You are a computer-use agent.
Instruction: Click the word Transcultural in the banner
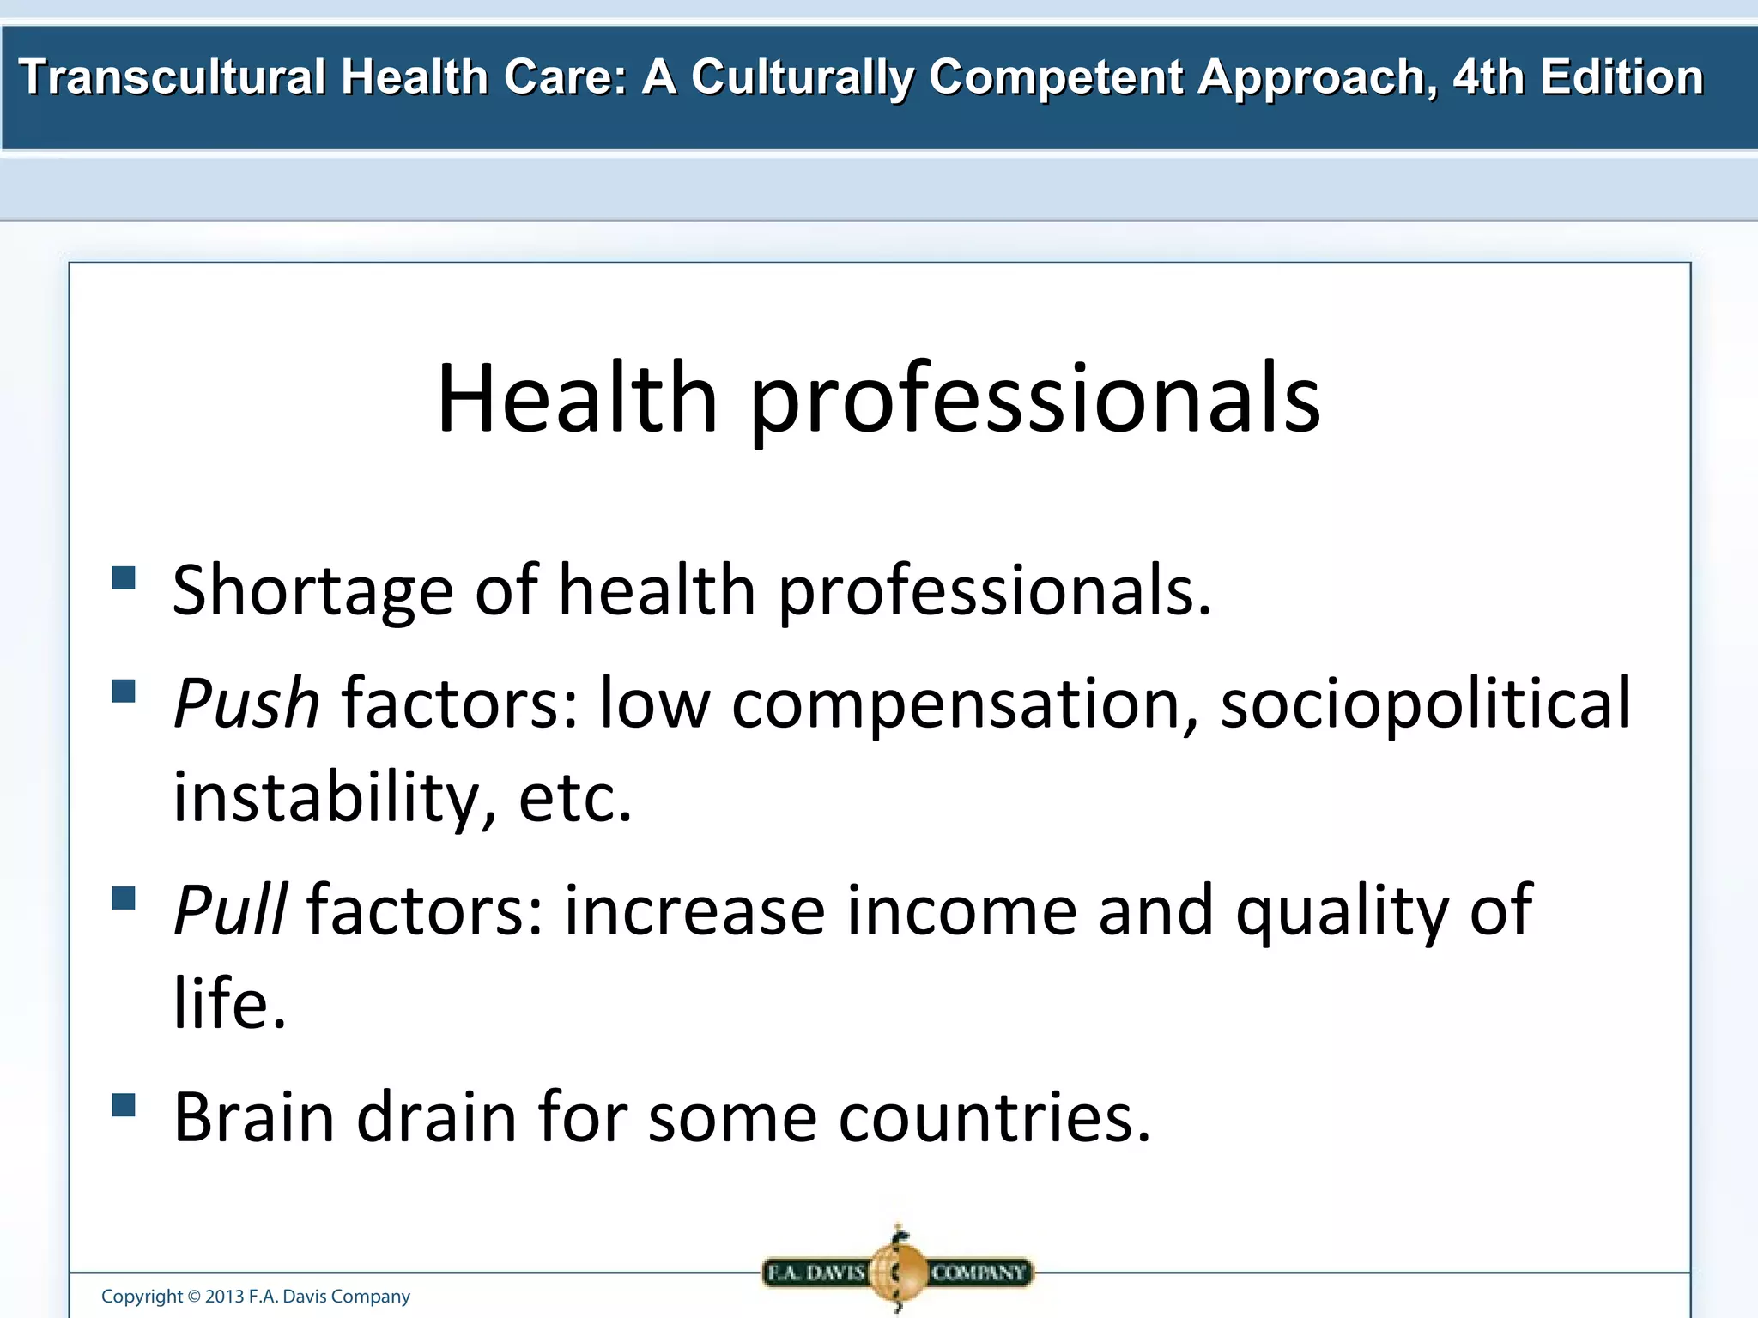[x=172, y=77]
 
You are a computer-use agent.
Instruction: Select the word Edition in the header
[x=1622, y=77]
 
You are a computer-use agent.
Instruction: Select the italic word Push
[x=246, y=704]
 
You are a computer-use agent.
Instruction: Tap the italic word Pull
[x=230, y=910]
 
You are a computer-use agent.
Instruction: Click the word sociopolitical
[x=1425, y=704]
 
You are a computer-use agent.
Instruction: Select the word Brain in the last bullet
[x=254, y=1117]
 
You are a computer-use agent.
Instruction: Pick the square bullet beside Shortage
[x=124, y=577]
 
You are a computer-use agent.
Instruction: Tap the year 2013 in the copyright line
[x=224, y=1297]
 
